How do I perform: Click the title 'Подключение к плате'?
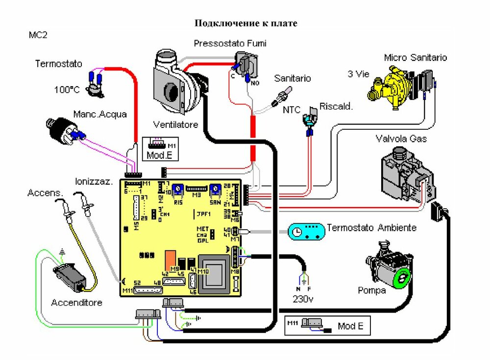tap(246, 23)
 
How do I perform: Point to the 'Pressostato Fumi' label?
tap(230, 44)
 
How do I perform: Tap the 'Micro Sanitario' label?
tap(416, 57)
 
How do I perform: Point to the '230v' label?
tap(303, 298)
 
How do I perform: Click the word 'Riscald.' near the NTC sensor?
tap(336, 106)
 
